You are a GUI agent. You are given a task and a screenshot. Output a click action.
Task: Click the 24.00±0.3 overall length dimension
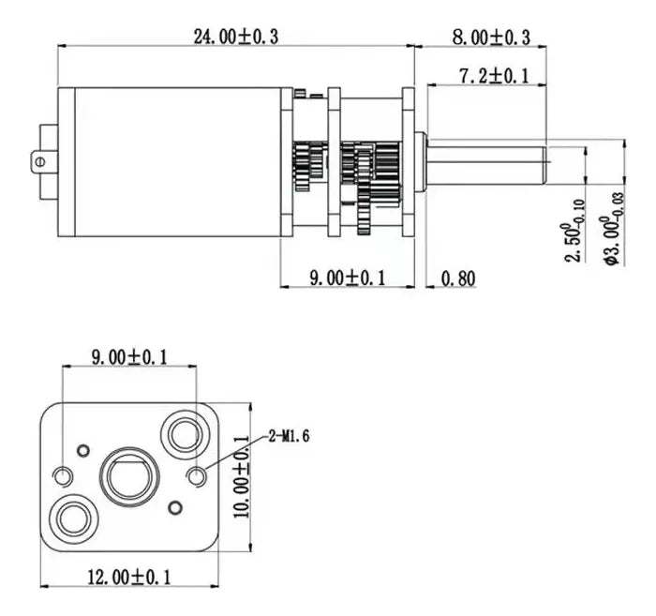click(235, 37)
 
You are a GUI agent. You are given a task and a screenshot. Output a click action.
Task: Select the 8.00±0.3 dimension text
click(491, 37)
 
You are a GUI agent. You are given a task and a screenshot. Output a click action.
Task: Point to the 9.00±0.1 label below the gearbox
click(349, 278)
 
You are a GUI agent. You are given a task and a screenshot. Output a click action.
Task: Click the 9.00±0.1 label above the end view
click(128, 356)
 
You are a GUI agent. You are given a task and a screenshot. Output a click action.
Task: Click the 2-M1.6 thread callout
click(288, 435)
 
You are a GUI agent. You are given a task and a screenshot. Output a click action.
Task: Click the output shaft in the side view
click(487, 161)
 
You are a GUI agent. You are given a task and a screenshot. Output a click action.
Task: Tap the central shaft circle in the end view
click(127, 474)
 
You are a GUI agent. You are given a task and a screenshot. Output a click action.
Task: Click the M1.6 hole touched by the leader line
click(198, 477)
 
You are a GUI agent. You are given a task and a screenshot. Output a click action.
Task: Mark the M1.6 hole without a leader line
click(63, 475)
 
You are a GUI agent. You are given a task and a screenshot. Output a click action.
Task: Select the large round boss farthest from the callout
click(72, 518)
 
